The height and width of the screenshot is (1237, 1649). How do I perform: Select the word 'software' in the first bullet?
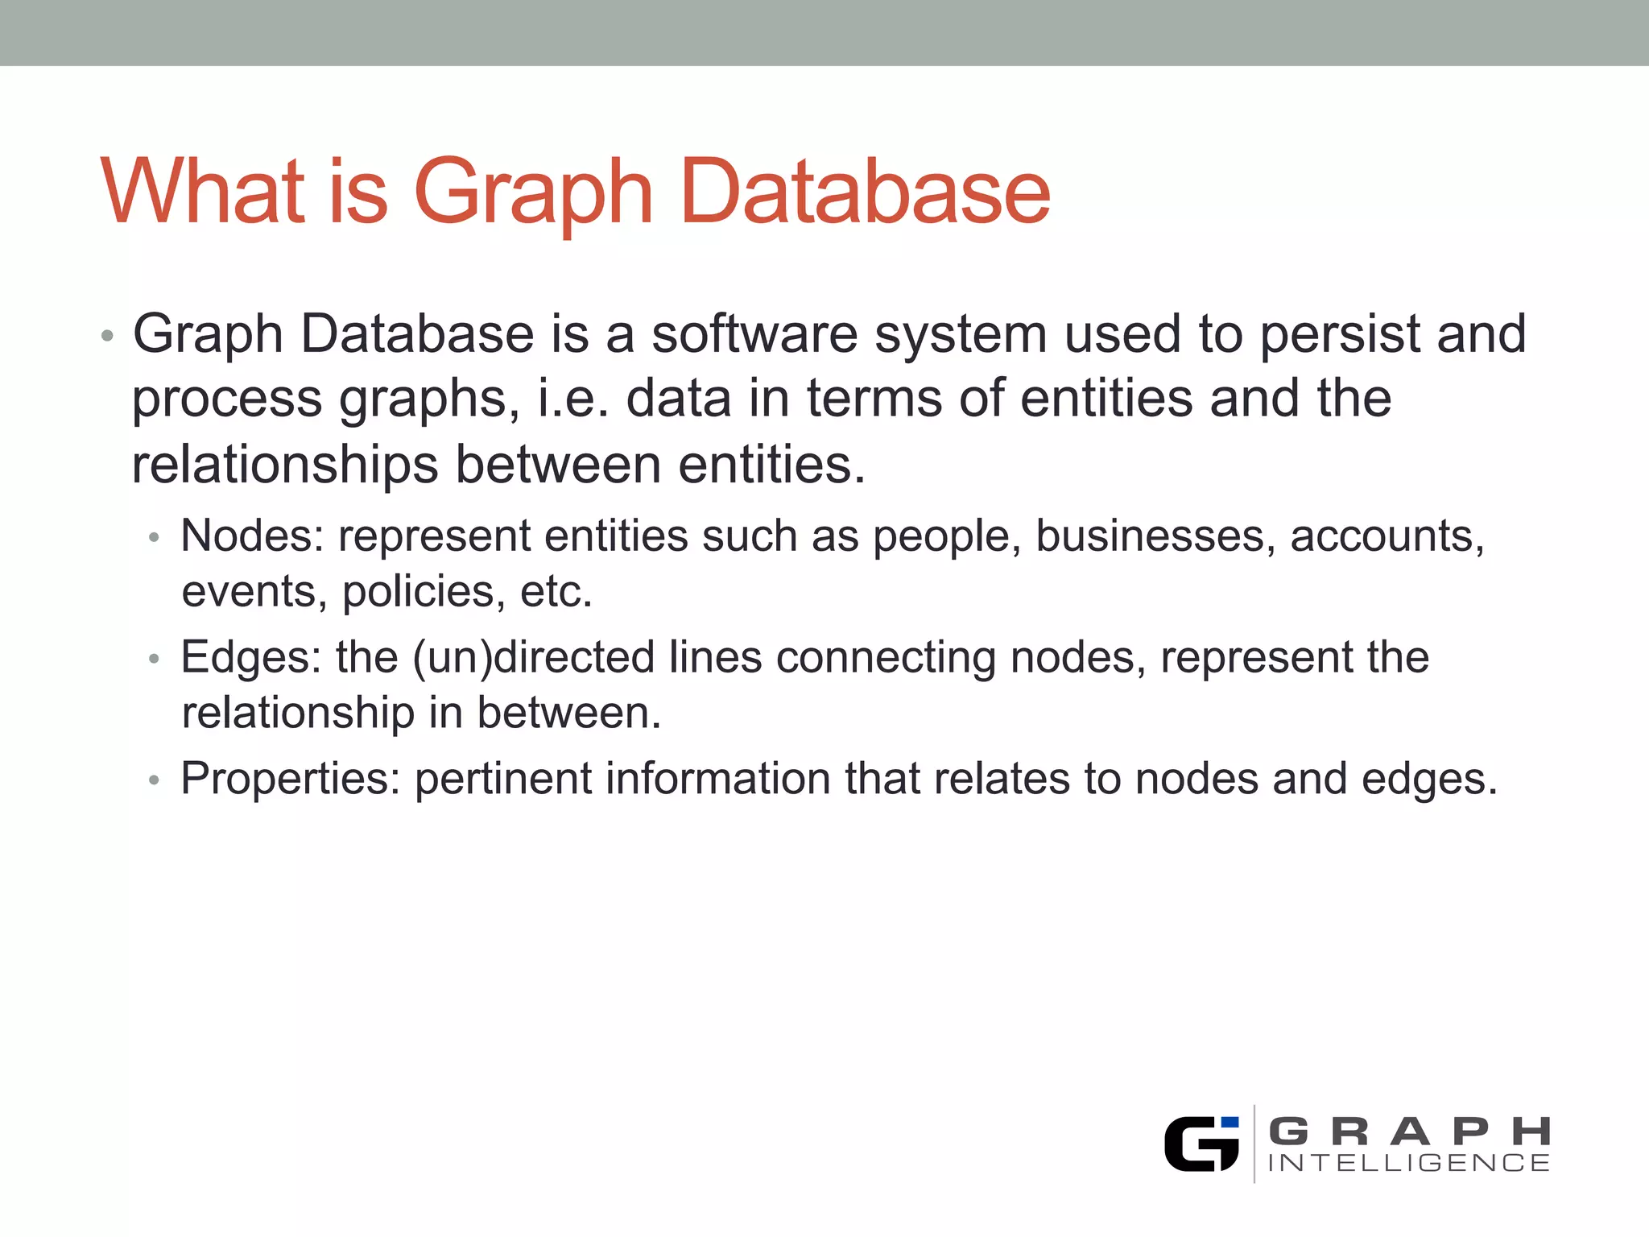coord(754,333)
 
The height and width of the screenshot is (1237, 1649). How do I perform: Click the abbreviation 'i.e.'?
coord(572,399)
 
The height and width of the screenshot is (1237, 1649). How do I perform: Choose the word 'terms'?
coord(874,399)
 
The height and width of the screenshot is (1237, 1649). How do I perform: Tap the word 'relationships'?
coord(285,465)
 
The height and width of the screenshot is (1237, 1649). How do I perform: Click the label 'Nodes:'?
coord(252,536)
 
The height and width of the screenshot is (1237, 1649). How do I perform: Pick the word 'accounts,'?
coord(1387,536)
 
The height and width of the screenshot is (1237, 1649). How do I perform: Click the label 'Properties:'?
coord(291,779)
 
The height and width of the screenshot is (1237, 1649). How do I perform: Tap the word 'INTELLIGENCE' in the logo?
coord(1408,1163)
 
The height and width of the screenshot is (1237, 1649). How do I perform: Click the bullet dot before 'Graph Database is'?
coord(107,335)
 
